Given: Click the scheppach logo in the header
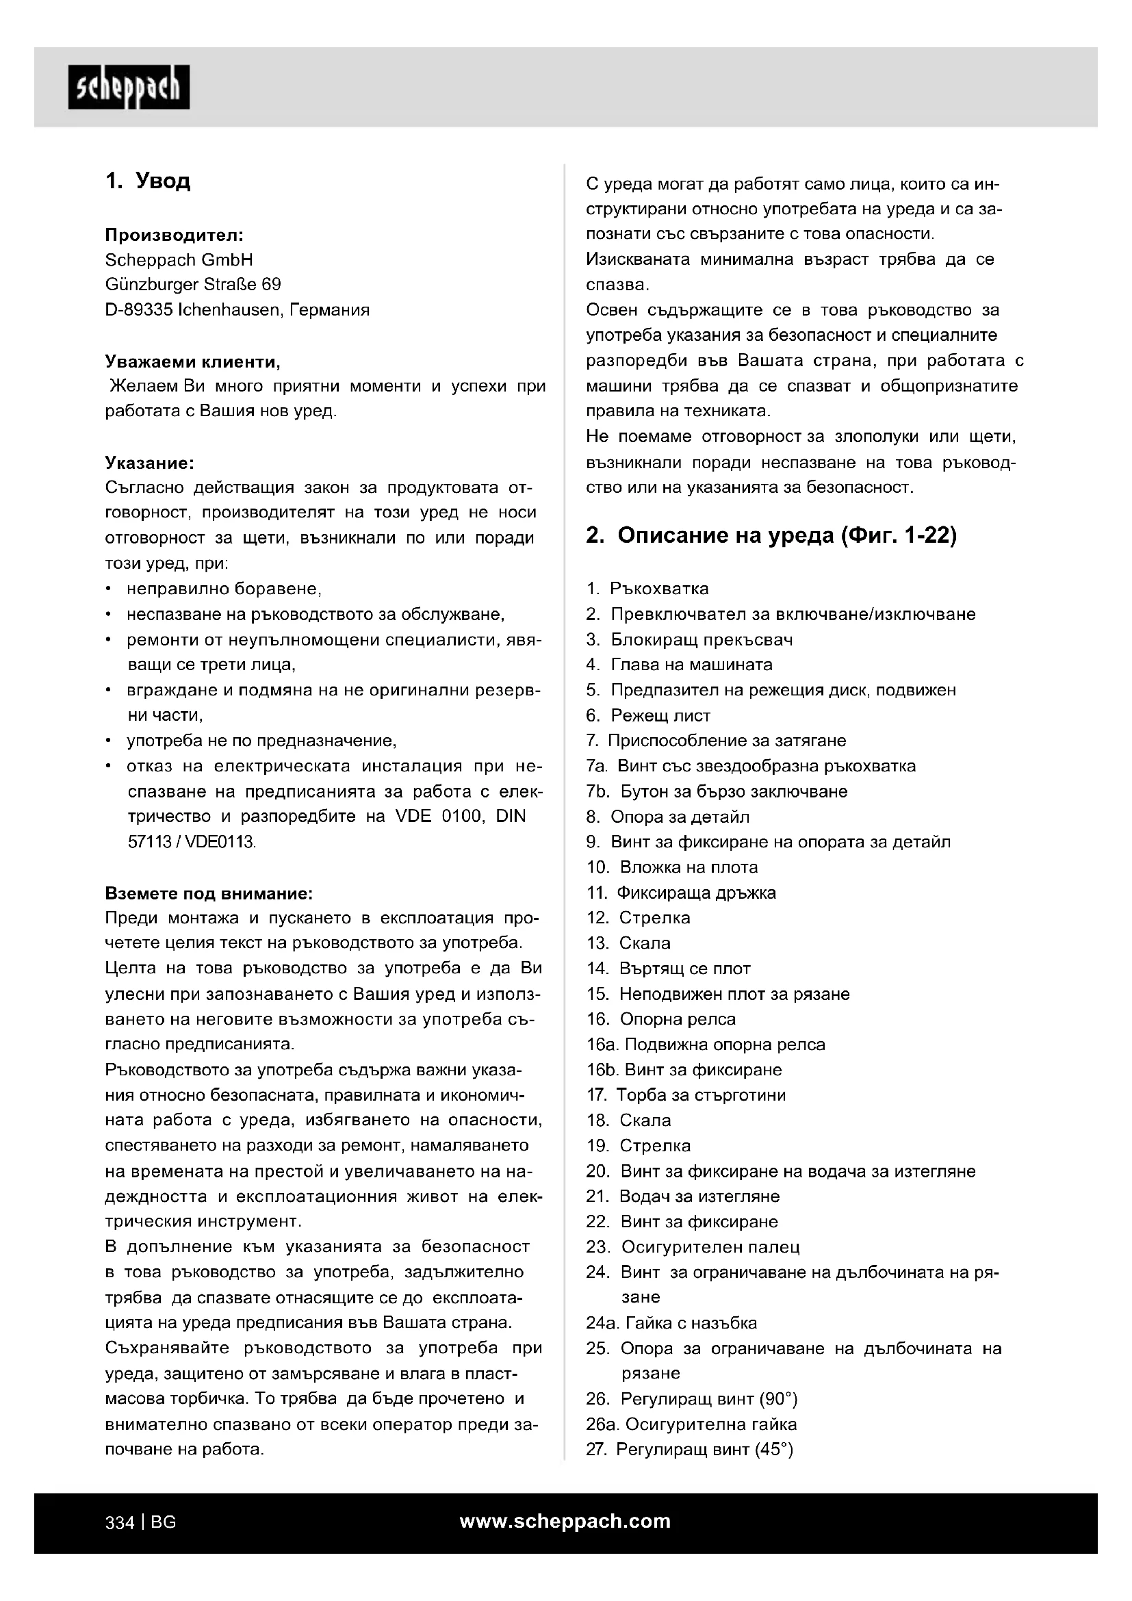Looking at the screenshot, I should [x=128, y=88].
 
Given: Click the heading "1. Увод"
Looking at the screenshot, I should [x=148, y=181].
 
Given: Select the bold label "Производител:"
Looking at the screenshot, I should [x=175, y=235].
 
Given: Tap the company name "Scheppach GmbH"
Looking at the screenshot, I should [x=179, y=260].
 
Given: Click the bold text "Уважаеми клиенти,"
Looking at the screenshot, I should [x=193, y=361].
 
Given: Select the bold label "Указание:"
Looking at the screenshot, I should [x=149, y=463].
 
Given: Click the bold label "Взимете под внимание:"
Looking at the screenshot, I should [x=209, y=893].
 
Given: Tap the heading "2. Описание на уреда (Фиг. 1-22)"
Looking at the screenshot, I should [x=771, y=535].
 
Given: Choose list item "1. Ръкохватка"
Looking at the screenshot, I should [x=647, y=589].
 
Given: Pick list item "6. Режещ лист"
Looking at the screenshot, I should [x=648, y=715].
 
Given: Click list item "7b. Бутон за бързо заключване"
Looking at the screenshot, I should [x=717, y=791].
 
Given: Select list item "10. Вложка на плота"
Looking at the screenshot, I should [x=672, y=867].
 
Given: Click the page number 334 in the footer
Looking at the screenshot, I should [x=119, y=1523].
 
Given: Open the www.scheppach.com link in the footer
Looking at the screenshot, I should [x=565, y=1522].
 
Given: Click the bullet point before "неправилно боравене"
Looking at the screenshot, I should [x=109, y=589].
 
